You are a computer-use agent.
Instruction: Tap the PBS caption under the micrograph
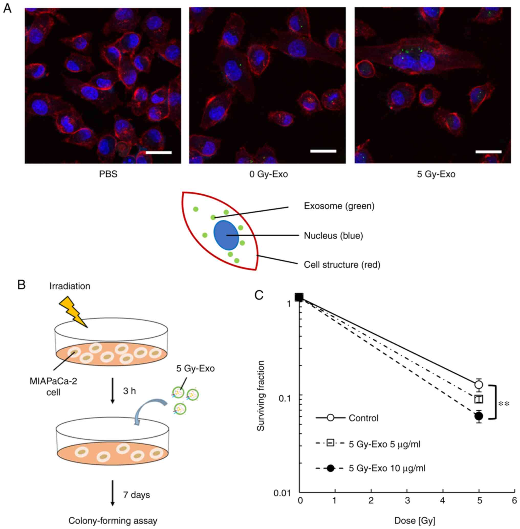click(108, 174)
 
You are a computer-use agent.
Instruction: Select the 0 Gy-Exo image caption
click(268, 174)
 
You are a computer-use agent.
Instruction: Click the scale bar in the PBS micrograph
click(159, 152)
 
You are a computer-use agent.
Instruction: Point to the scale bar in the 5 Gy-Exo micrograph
click(489, 152)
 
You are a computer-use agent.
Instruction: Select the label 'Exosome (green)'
click(339, 206)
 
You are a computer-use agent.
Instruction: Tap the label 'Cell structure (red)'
click(342, 264)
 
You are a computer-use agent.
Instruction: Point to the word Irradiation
click(70, 286)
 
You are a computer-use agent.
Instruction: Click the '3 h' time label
click(129, 391)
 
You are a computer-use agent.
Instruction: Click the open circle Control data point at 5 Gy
click(479, 385)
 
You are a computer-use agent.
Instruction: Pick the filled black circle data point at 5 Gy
click(479, 416)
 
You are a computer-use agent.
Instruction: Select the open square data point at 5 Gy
click(479, 399)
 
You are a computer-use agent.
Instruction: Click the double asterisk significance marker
click(504, 404)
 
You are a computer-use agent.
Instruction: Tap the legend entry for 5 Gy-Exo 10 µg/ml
click(387, 468)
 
